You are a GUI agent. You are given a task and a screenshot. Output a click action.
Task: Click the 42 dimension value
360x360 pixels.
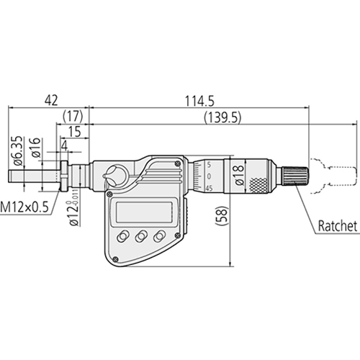click(51, 100)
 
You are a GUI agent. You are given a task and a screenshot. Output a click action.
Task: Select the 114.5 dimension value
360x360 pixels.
click(199, 101)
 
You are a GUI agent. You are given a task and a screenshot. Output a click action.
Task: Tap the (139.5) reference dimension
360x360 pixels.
click(222, 118)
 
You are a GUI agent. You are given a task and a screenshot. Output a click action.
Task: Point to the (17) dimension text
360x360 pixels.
click(73, 116)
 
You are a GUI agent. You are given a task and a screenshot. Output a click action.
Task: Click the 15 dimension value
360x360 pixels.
click(75, 132)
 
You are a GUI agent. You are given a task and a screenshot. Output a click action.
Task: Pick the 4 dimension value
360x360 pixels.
click(65, 145)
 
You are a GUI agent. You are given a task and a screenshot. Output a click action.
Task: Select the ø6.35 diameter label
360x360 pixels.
click(19, 150)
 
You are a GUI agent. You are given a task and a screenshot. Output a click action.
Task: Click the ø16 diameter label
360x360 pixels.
click(35, 148)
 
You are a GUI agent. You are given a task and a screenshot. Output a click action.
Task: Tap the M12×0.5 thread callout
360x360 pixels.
click(24, 207)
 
